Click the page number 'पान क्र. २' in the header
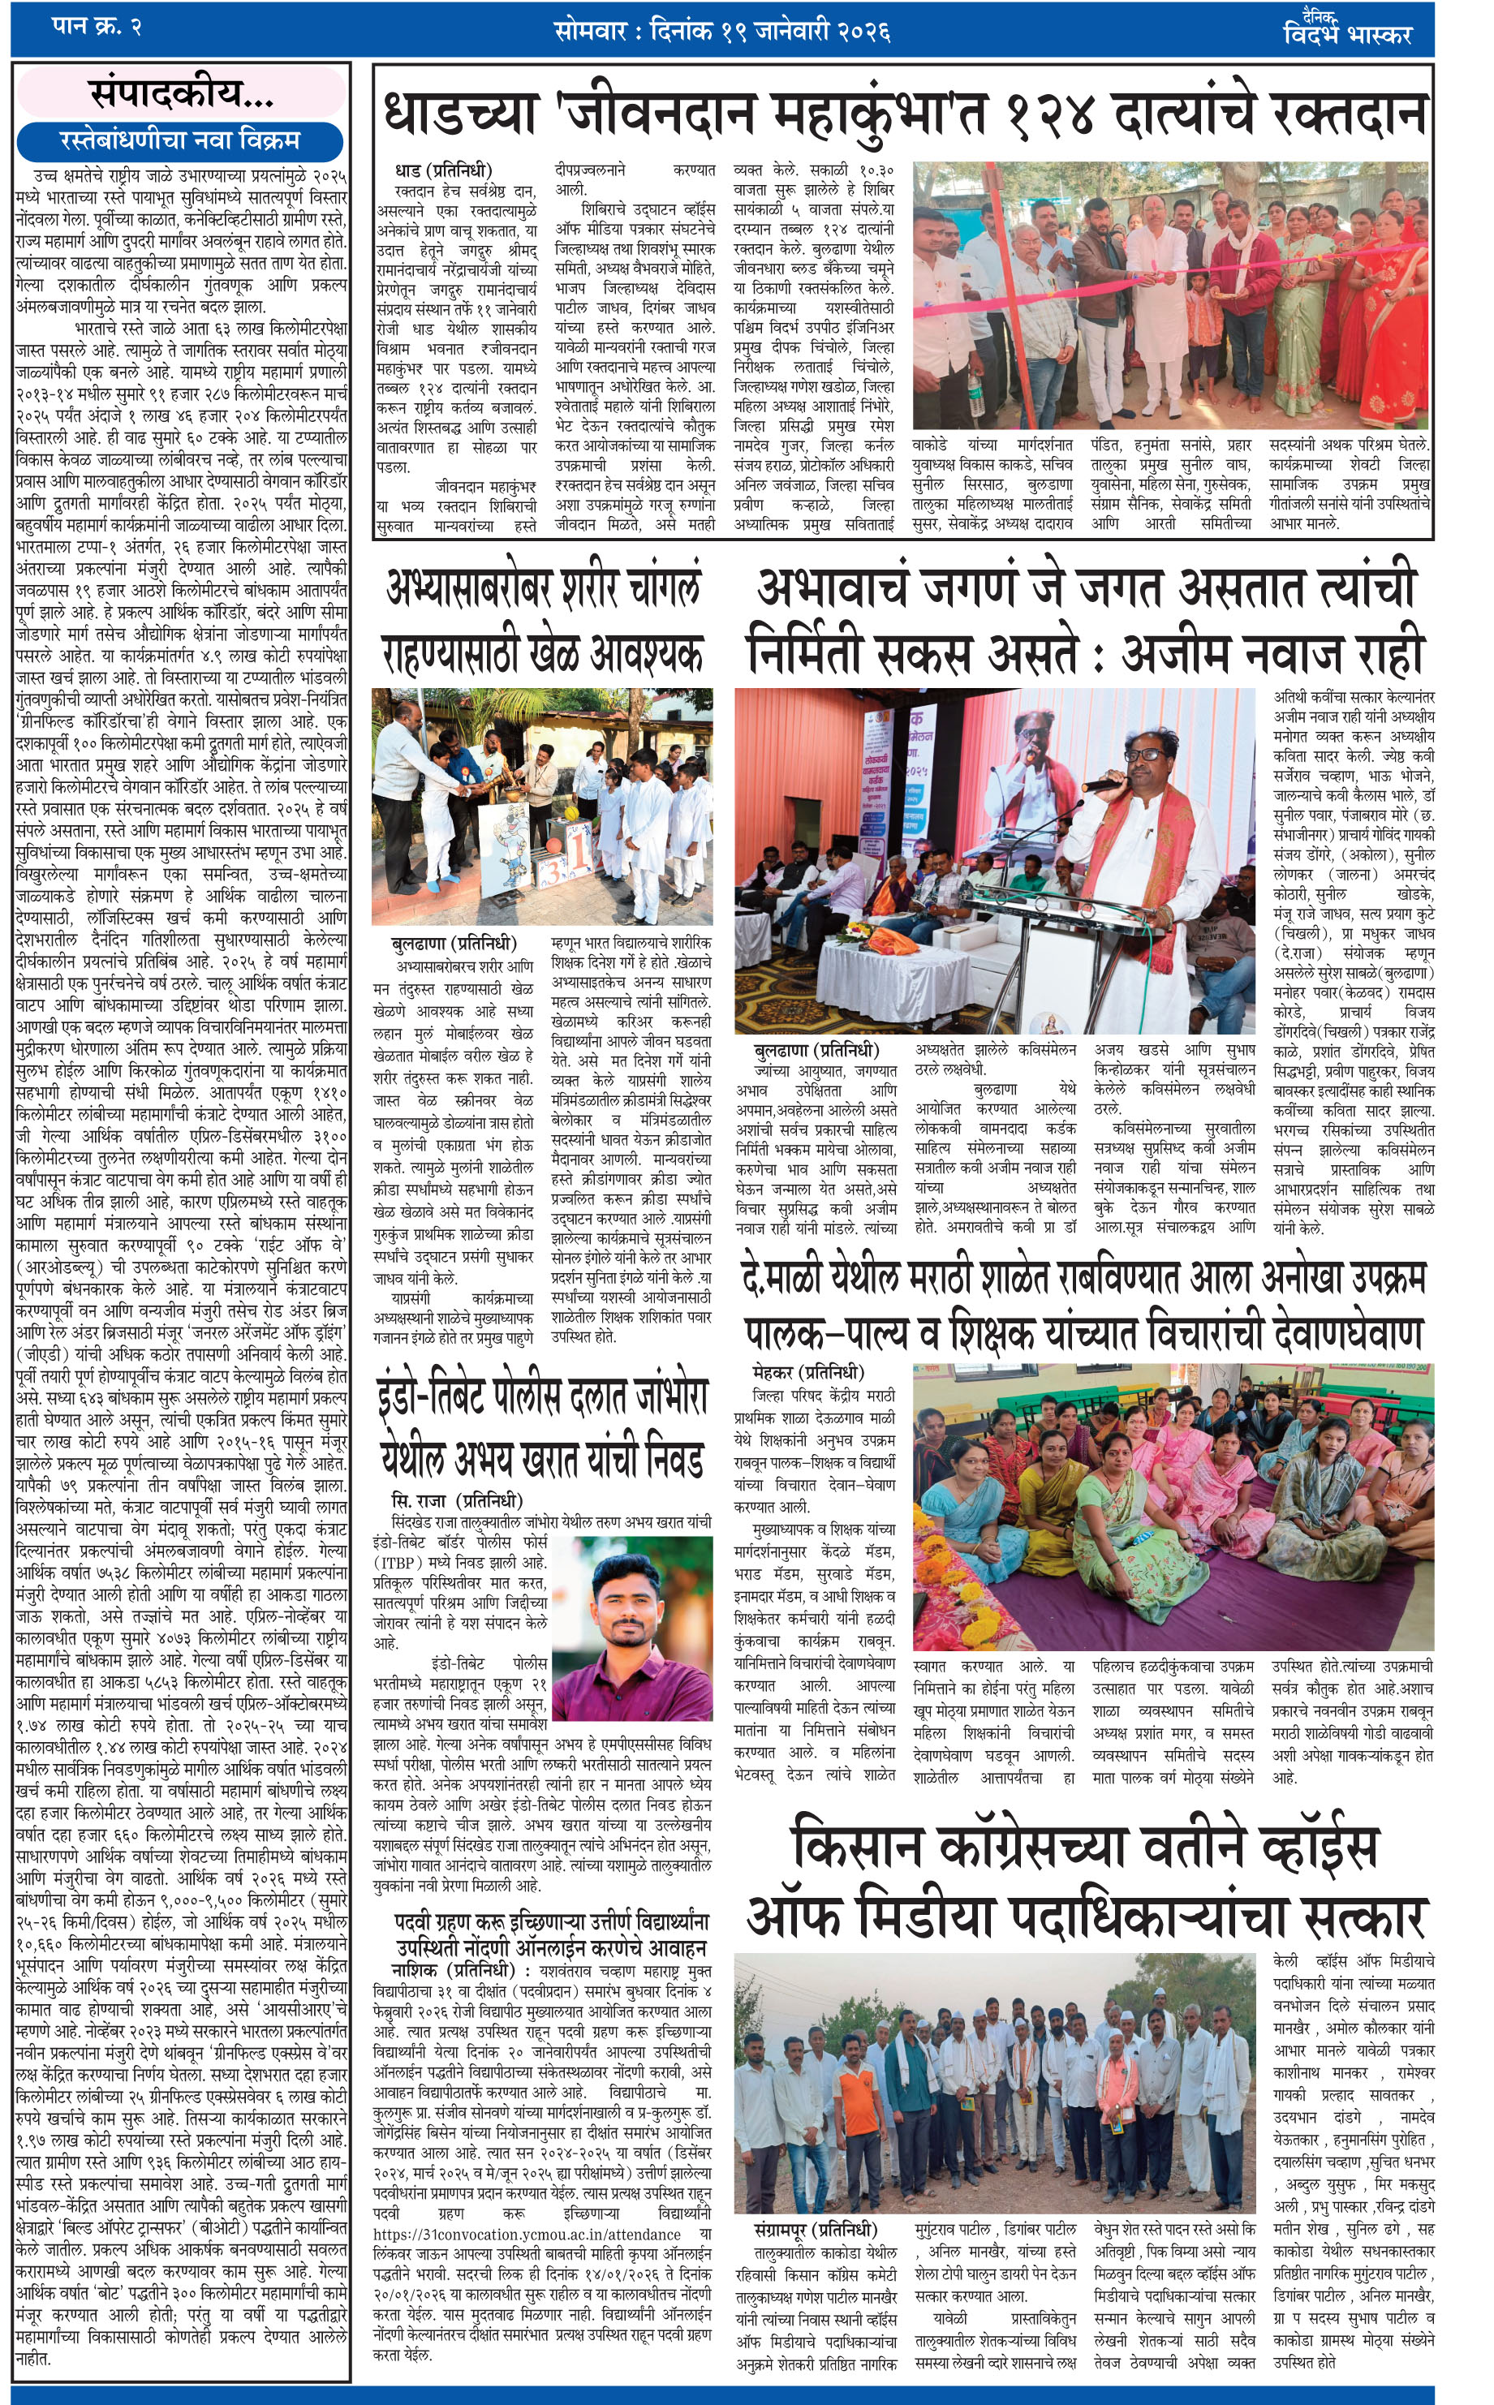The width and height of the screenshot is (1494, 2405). tap(96, 27)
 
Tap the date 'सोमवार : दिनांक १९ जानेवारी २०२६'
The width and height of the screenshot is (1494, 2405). tap(722, 31)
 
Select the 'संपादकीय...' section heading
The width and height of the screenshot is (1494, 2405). tap(181, 94)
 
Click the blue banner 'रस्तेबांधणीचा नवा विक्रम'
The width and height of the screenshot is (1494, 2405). tap(180, 140)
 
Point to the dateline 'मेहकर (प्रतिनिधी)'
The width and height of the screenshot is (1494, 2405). tap(807, 1372)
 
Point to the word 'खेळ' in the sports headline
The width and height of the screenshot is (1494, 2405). tap(553, 655)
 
